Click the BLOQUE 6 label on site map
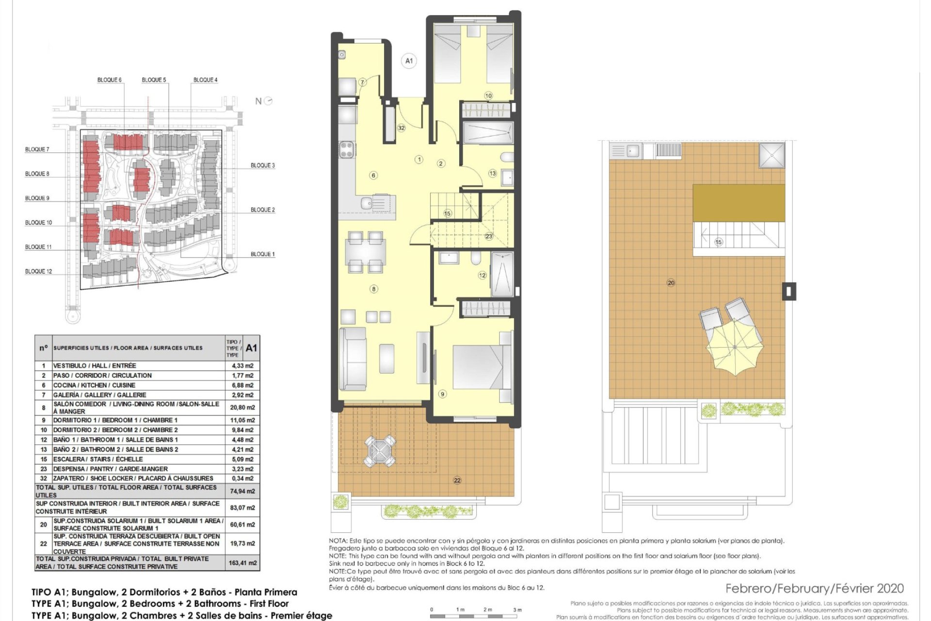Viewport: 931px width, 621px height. point(109,80)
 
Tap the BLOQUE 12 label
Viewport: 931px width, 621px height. point(38,271)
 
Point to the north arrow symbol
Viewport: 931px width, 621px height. point(268,101)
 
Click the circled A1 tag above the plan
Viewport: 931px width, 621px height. point(409,61)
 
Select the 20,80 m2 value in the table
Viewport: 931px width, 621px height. point(242,408)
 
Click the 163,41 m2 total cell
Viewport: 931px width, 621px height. point(242,563)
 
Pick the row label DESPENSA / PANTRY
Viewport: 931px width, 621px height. point(111,469)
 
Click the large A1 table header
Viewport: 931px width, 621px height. point(251,348)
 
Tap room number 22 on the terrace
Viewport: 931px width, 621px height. point(457,480)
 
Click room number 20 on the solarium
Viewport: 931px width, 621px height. point(671,283)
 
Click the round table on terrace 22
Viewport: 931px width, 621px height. point(380,451)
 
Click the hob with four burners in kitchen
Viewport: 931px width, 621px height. point(347,149)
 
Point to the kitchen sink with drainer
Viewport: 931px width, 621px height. point(374,203)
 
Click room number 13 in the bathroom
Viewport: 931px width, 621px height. point(493,173)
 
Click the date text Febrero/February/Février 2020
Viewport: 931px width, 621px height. point(815,588)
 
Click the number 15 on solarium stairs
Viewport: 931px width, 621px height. point(719,242)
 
